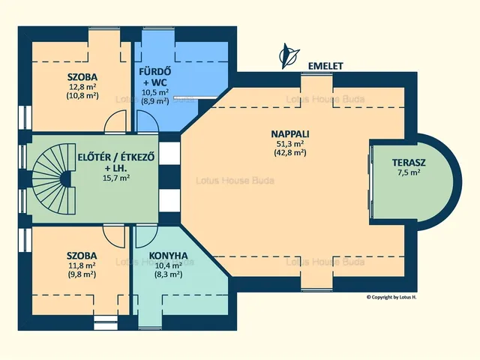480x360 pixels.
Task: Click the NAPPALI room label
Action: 290,134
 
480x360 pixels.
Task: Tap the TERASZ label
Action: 409,163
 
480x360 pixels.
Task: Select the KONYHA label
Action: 168,256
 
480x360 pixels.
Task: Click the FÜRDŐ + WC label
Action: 155,76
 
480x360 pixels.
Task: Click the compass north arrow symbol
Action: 288,55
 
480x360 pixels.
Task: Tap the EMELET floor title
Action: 325,66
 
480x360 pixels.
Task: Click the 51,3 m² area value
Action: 290,144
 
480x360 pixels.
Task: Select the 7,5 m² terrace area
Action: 409,172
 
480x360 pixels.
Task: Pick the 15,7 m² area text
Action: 116,178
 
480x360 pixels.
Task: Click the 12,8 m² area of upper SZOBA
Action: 82,87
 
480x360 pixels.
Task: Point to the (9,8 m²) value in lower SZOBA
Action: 82,274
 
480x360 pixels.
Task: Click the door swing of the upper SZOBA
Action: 115,121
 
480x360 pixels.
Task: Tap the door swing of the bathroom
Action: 148,121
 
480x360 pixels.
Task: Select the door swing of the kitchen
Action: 147,236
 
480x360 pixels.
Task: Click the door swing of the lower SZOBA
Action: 114,236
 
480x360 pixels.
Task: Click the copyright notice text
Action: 391,297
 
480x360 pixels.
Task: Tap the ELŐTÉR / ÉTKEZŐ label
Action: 116,157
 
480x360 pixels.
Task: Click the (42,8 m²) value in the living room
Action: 290,152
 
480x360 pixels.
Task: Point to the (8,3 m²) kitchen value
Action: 168,274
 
